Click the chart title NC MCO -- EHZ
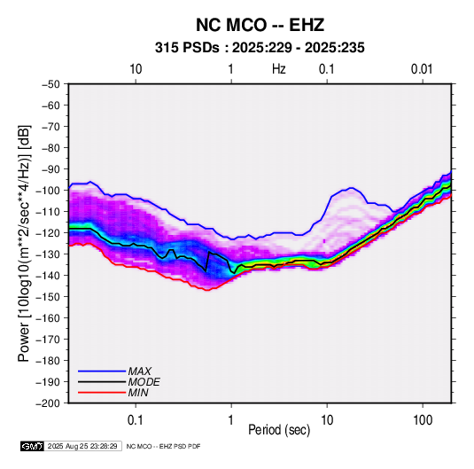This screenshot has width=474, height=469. click(x=260, y=25)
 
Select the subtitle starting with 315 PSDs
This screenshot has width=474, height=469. click(x=260, y=48)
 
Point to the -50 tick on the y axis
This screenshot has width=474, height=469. click(x=51, y=84)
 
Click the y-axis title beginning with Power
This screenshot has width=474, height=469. click(x=24, y=243)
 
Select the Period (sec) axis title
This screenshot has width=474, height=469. click(x=279, y=430)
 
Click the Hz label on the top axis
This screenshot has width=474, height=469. click(x=279, y=69)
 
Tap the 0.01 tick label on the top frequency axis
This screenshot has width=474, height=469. click(x=422, y=69)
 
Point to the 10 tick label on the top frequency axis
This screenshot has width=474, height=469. click(x=136, y=69)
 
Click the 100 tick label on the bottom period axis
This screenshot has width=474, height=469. click(x=423, y=420)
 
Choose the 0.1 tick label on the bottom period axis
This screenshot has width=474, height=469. click(x=136, y=420)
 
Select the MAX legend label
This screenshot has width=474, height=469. click(x=139, y=371)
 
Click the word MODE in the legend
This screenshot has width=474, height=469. click(x=144, y=382)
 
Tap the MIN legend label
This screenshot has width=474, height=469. click(x=138, y=393)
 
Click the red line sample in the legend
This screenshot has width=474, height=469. click(x=102, y=393)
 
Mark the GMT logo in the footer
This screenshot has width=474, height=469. click(x=33, y=446)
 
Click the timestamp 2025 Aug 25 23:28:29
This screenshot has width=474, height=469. click(x=82, y=446)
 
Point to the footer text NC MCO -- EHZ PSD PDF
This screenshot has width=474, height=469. click(x=163, y=446)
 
